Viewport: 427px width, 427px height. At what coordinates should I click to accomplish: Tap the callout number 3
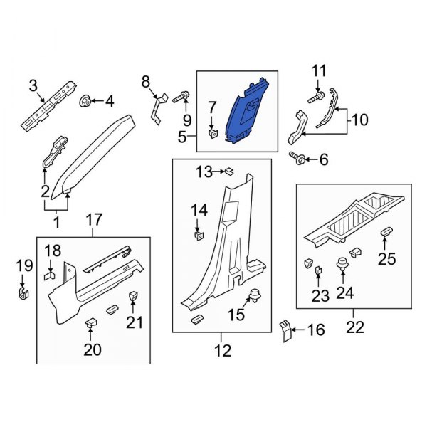[x=33, y=86]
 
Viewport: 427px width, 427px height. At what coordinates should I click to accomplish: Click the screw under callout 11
[x=313, y=93]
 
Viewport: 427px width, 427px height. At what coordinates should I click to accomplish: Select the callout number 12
[x=221, y=350]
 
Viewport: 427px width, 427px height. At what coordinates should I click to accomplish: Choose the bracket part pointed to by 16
[x=286, y=331]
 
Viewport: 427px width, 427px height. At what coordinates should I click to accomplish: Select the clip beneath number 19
[x=23, y=292]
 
